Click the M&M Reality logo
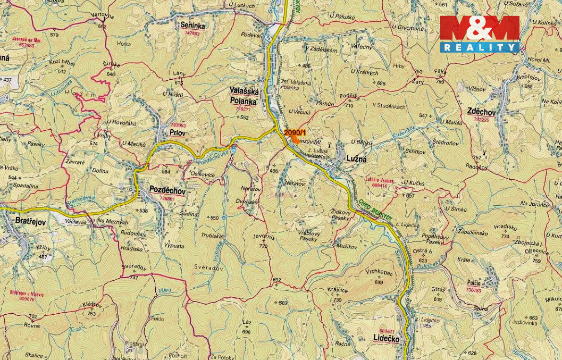[480, 34]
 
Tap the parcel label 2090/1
[295, 132]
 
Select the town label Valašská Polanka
[243, 96]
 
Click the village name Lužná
[357, 159]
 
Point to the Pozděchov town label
[167, 190]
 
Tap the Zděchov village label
[481, 112]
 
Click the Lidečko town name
[386, 339]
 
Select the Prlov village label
[177, 133]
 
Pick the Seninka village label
[192, 25]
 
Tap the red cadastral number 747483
[192, 33]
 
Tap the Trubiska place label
[212, 235]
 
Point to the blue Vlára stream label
[165, 291]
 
